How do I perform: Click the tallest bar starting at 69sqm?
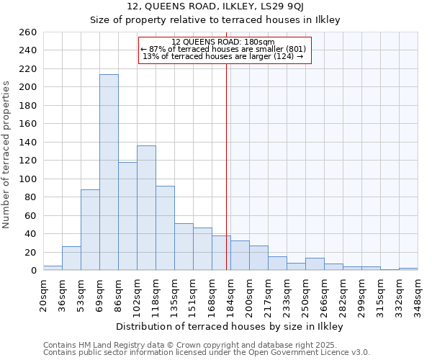(109, 172)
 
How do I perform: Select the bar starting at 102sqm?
(146, 208)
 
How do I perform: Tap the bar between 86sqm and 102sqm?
(127, 216)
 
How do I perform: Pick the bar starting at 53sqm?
(90, 230)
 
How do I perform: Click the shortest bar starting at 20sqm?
(53, 268)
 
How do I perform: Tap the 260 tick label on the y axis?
(27, 32)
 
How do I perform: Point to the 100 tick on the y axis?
(27, 179)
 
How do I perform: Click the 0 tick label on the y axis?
(33, 271)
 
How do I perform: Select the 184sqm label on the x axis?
(230, 294)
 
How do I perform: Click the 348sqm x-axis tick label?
(418, 294)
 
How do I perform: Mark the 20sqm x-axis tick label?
(43, 294)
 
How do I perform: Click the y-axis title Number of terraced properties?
(7, 154)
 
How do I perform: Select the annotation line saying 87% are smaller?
(223, 49)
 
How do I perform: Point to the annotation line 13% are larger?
(223, 56)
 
